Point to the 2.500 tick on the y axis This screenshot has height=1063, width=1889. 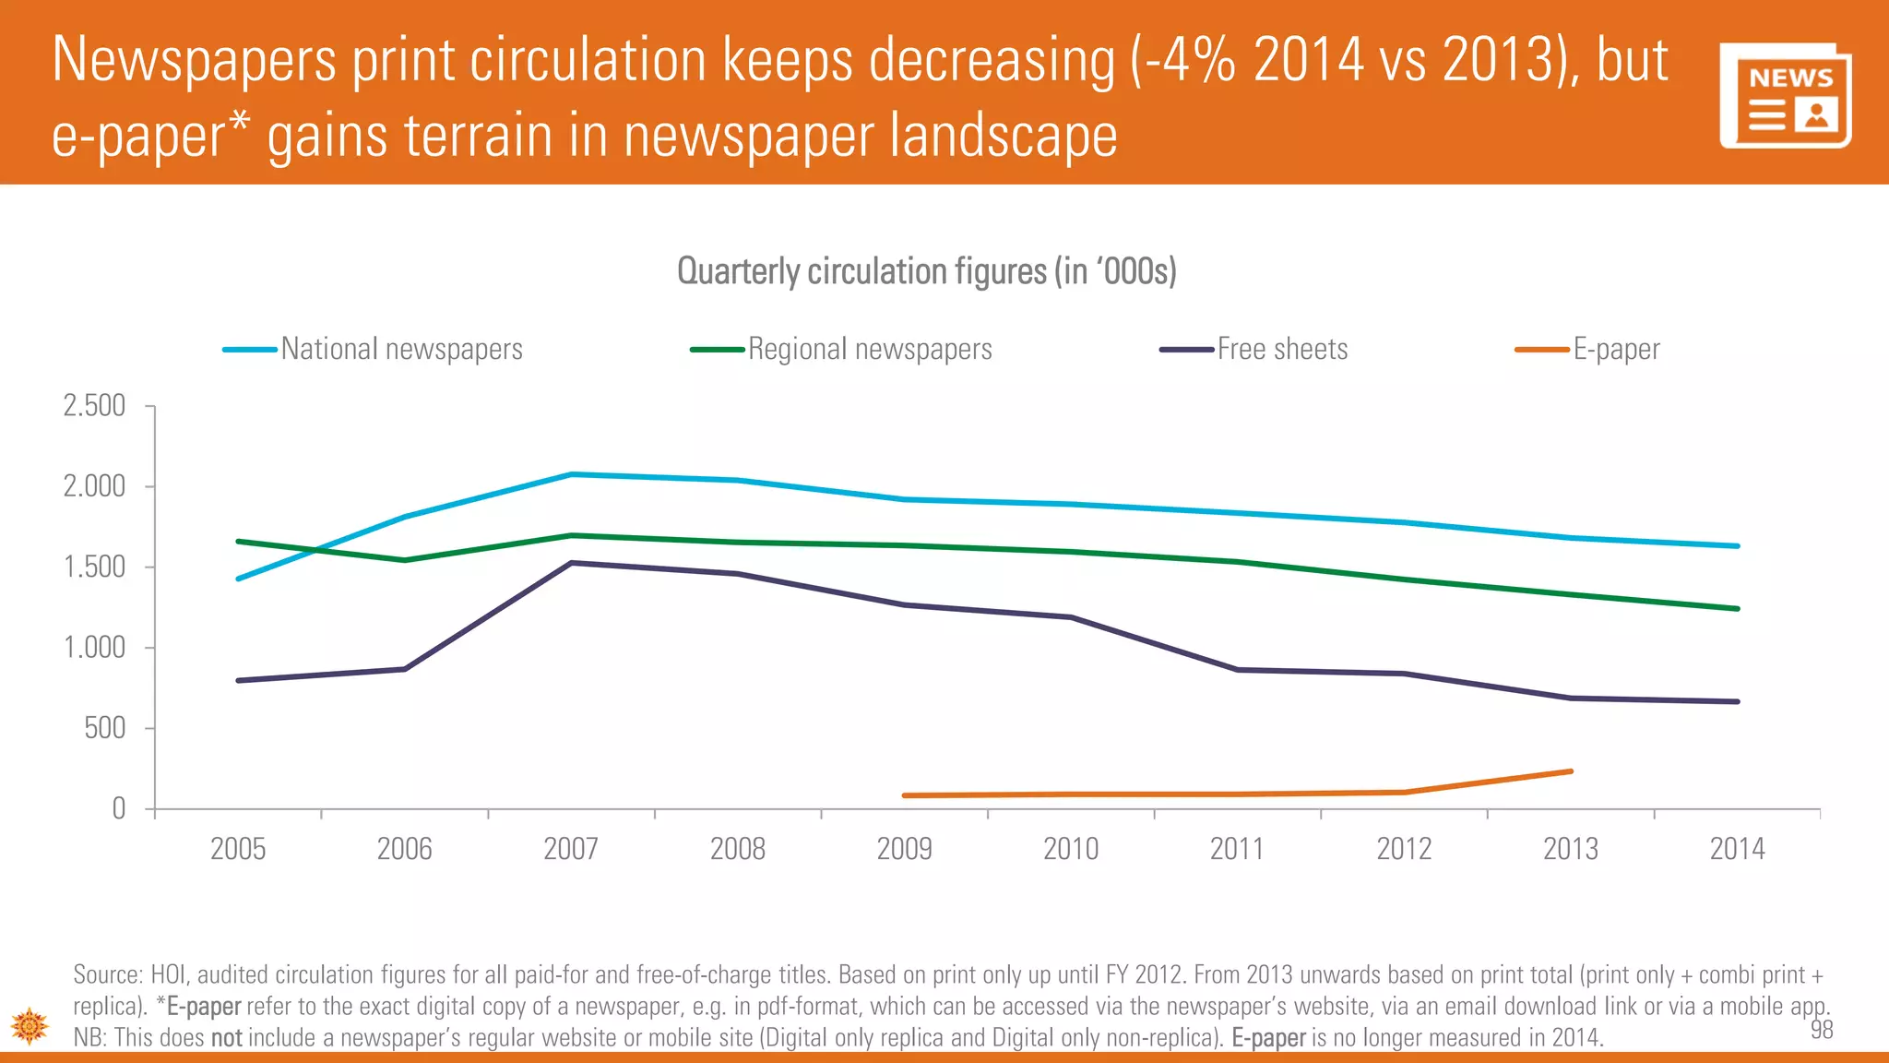94,406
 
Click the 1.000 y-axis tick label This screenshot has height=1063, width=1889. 94,648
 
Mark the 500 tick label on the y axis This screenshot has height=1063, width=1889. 104,728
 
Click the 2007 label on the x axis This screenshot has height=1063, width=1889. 571,848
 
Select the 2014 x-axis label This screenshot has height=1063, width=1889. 1737,848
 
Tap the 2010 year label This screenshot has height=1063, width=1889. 1071,848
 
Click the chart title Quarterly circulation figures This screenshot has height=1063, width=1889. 926,271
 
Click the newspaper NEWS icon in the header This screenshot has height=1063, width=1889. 1786,96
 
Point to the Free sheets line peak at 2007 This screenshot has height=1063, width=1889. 572,563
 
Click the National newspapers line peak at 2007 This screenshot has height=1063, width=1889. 572,474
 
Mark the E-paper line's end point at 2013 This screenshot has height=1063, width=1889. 1571,771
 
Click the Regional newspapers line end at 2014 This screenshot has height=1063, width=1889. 1737,609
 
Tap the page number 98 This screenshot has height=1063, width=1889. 1822,1030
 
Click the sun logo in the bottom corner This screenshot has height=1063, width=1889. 30,1025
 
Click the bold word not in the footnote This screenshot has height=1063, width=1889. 226,1038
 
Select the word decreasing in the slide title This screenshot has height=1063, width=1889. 992,61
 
